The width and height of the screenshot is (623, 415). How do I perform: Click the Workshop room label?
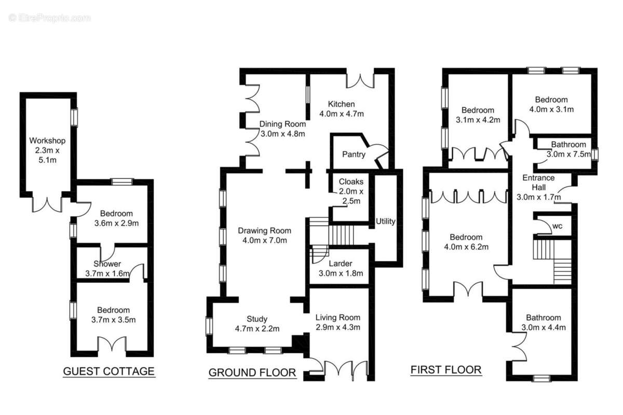tap(47, 141)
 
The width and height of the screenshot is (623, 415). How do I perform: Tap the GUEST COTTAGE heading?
tap(109, 371)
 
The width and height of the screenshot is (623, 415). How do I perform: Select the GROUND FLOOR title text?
tap(252, 373)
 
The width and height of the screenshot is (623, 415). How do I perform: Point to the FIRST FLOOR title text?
tap(446, 370)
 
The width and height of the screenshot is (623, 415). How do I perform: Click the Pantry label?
tap(354, 154)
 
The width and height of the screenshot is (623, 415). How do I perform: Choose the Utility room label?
tap(385, 222)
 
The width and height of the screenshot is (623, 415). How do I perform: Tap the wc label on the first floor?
tap(558, 226)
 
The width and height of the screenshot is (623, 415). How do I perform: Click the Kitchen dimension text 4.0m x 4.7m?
tap(342, 114)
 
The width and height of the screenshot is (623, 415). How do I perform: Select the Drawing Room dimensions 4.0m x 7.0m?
tap(264, 240)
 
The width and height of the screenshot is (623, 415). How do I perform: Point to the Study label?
tap(257, 319)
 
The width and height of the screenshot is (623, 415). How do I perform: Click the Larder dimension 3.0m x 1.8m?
tap(341, 273)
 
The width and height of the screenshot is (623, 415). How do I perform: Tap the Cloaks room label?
tap(351, 182)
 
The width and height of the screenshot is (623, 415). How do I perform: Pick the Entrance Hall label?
tap(538, 183)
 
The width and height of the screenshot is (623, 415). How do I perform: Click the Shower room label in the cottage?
tap(107, 264)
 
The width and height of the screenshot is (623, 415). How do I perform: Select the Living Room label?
tap(338, 317)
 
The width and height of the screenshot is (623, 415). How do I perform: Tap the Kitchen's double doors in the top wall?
tap(360, 81)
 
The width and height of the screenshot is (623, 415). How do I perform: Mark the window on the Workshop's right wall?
tap(74, 117)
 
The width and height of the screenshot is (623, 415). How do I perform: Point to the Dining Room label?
tap(282, 125)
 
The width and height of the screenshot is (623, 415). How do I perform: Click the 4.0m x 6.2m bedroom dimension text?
tap(466, 247)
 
